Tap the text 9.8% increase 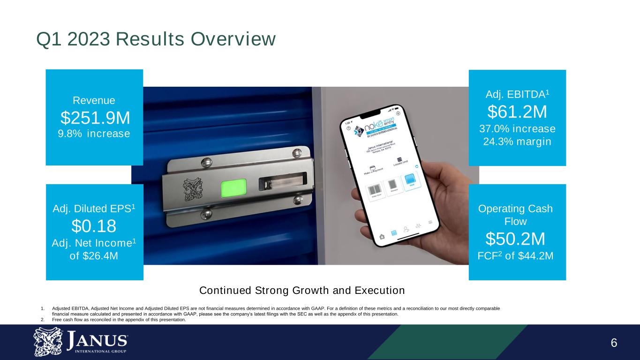pos(94,134)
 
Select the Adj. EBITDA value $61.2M pos(517,112)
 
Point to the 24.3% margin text pos(517,142)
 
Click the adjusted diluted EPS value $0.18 pos(94,227)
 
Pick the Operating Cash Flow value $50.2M pos(515,239)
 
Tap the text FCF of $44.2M pos(515,256)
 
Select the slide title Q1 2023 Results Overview pos(156,40)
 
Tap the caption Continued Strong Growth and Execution pos(302,291)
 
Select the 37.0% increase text pos(517,128)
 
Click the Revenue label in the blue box pos(94,100)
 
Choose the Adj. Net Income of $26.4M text pos(94,250)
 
